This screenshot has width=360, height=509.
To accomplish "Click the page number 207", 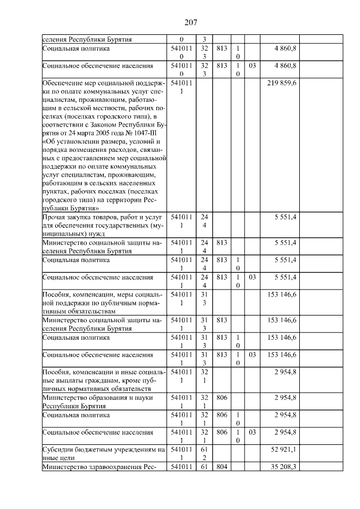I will pos(190,22).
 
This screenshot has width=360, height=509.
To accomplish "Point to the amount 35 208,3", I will pos(286,466).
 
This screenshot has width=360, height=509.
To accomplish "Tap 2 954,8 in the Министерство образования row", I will pos(286,397).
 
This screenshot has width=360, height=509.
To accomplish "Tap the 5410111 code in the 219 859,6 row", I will pos(181,87).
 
